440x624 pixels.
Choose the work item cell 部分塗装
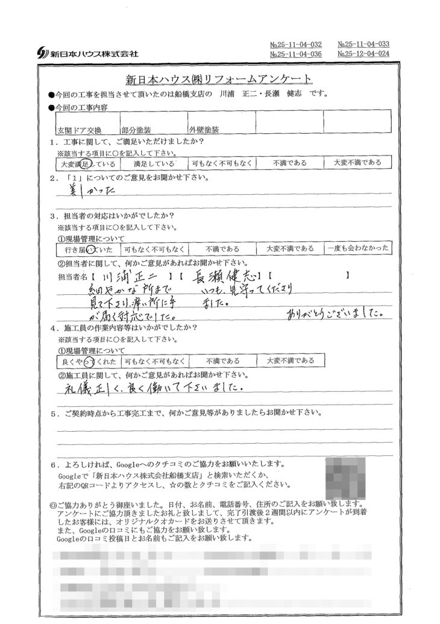(x=136, y=129)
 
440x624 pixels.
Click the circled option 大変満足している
(x=85, y=163)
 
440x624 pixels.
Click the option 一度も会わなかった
(x=357, y=248)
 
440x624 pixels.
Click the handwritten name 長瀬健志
(x=224, y=277)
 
